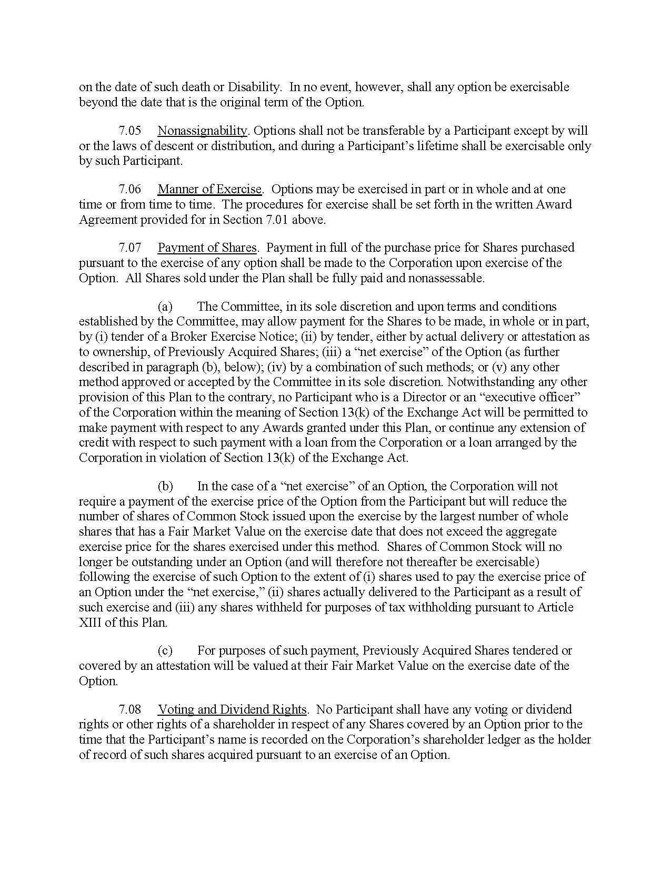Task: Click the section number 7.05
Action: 129,131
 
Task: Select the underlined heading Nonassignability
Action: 202,131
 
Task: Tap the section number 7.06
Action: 129,189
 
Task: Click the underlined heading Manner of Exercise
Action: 209,189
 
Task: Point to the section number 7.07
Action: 129,248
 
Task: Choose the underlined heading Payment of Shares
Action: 207,248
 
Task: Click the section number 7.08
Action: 129,709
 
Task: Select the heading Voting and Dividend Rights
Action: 232,709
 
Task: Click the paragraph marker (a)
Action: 165,307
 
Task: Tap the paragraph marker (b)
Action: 165,486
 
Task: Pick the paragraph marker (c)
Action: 165,651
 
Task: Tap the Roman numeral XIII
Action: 94,623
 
